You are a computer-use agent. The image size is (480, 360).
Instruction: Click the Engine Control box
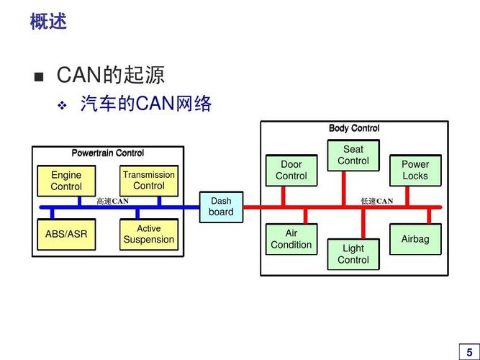[x=66, y=181]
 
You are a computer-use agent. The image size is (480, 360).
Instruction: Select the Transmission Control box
[x=148, y=180]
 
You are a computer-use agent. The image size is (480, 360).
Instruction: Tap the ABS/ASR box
[x=66, y=235]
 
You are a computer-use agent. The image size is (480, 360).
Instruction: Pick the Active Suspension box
[x=148, y=235]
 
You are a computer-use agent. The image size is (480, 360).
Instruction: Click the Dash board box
[x=221, y=207]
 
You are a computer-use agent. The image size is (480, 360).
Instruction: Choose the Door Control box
[x=291, y=171]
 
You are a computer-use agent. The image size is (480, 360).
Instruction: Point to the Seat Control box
[x=353, y=156]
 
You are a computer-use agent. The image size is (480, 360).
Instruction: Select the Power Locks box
[x=415, y=171]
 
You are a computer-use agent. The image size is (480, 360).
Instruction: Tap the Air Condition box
[x=291, y=239]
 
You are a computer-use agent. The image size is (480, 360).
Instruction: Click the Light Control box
[x=353, y=254]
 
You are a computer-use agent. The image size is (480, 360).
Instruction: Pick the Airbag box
[x=415, y=239]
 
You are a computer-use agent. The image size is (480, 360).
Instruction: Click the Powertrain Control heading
[x=108, y=153]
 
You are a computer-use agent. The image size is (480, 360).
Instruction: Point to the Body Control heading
[x=354, y=129]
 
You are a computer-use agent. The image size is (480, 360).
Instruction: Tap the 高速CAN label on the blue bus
[x=113, y=202]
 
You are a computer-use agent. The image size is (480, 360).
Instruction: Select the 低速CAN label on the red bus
[x=377, y=202]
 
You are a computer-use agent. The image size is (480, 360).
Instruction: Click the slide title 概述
[x=48, y=22]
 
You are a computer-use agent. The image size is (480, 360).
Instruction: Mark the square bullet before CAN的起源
[x=39, y=76]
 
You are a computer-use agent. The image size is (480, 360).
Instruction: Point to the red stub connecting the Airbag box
[x=430, y=215]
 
